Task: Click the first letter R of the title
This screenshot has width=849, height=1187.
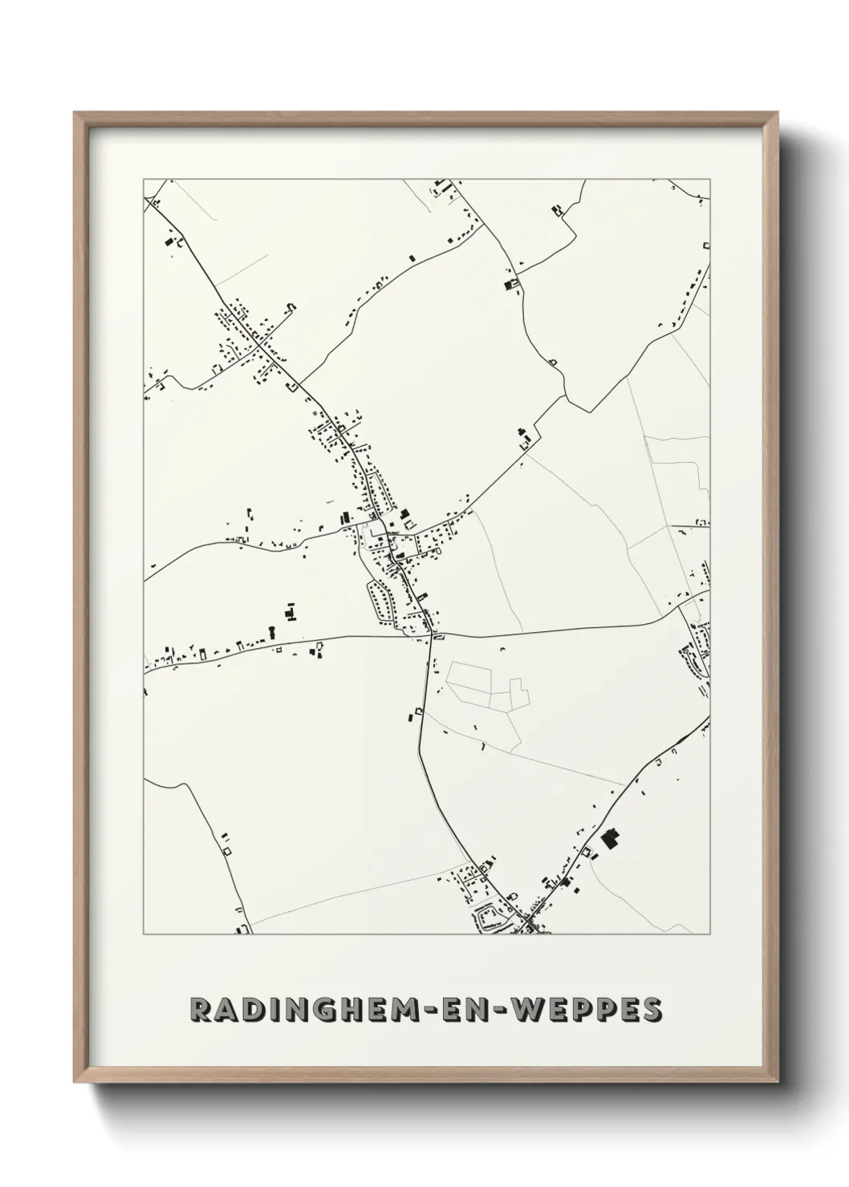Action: [x=200, y=1010]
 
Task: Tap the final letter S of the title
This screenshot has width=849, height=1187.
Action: [x=653, y=1010]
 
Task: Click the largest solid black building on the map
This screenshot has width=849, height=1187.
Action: [x=611, y=839]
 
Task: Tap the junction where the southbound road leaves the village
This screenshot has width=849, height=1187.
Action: [x=431, y=634]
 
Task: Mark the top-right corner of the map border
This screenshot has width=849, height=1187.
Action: [x=710, y=179]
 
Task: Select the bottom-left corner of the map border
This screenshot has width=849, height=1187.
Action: [x=144, y=934]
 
